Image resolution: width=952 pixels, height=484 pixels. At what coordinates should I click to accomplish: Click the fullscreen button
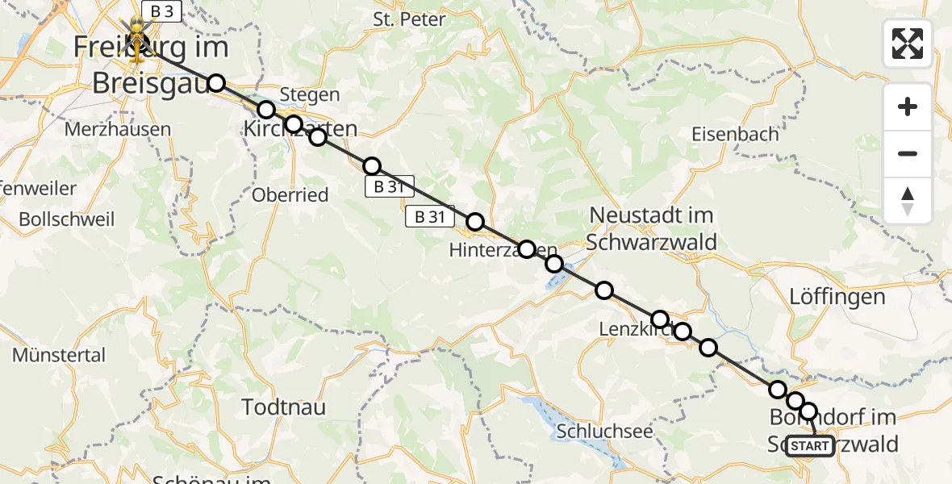tap(908, 44)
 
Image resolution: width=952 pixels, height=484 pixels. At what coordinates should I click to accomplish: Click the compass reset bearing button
tap(908, 201)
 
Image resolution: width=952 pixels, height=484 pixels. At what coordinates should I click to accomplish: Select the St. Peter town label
tap(409, 19)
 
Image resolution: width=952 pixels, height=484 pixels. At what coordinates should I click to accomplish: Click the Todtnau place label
tap(284, 407)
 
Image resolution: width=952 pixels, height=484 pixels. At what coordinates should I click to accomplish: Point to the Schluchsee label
tap(604, 432)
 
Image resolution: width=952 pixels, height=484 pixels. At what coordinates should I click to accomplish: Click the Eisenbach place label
tap(735, 134)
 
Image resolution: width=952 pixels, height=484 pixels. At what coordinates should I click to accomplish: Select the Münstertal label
tap(59, 355)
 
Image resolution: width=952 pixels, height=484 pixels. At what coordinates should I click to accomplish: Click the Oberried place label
tap(290, 195)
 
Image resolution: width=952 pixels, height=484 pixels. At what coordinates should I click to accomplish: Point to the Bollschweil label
tap(67, 219)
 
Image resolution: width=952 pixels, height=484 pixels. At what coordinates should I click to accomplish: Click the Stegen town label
tap(311, 95)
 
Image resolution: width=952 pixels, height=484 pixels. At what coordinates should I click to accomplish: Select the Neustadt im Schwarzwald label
tap(652, 228)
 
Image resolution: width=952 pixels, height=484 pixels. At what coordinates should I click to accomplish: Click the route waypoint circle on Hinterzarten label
tap(526, 249)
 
